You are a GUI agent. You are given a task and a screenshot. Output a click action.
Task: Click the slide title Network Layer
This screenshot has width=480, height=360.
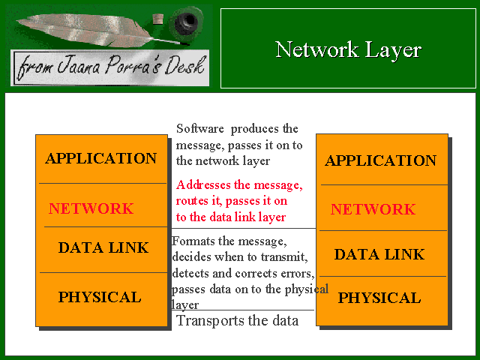[x=348, y=50]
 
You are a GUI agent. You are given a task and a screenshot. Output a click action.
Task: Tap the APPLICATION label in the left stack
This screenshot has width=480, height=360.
[x=100, y=158]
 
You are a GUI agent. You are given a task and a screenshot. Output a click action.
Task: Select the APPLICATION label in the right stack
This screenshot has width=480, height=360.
[x=380, y=160]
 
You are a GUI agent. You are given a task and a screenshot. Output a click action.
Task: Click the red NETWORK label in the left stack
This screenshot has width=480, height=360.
[x=91, y=208]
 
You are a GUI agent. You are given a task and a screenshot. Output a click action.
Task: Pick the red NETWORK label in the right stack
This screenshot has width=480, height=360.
[x=373, y=209]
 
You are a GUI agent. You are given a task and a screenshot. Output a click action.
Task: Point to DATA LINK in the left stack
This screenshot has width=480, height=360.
[x=103, y=247]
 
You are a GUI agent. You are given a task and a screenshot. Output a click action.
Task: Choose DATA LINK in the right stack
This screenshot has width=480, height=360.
[x=379, y=254]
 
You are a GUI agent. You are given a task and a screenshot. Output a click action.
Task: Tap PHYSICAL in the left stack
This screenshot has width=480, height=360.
[x=100, y=297]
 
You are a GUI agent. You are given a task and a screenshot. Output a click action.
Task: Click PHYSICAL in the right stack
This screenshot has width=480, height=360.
[x=379, y=298]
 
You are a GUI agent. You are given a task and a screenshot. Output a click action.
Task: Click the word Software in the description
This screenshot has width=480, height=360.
[x=200, y=128]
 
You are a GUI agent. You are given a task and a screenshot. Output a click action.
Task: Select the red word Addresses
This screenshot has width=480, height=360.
[x=203, y=185]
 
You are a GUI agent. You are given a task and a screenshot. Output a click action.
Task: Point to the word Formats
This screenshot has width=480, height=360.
[x=193, y=241]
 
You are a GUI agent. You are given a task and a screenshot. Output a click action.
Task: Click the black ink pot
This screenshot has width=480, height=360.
[x=187, y=21]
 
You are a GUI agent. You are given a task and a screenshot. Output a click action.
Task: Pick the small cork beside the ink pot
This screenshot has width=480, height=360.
[x=158, y=19]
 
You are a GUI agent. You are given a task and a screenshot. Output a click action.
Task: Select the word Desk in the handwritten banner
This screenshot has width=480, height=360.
[x=184, y=65]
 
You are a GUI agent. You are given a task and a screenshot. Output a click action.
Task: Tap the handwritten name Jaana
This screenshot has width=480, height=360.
[x=78, y=65]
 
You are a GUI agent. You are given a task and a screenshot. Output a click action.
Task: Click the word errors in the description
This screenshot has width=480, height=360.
[x=297, y=273]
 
